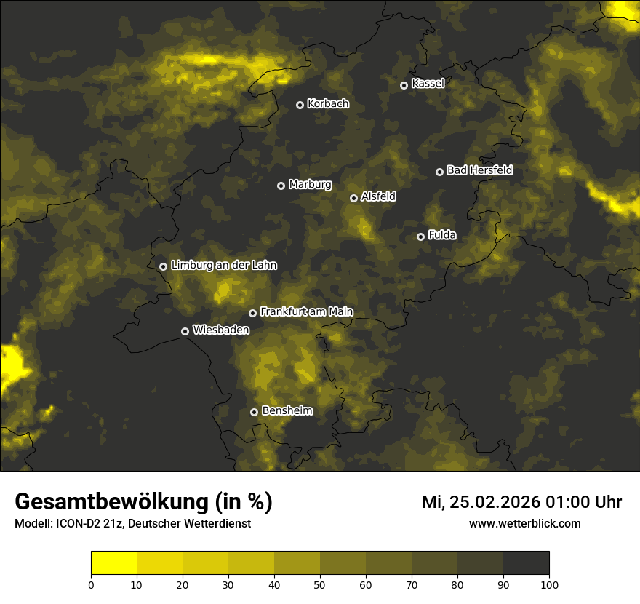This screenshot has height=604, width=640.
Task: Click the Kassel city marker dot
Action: click(x=404, y=85)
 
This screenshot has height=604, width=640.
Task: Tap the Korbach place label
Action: click(x=328, y=104)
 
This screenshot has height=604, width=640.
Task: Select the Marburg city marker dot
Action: click(x=281, y=186)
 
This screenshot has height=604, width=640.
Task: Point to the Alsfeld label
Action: click(x=378, y=196)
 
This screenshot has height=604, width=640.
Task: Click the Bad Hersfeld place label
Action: click(x=479, y=170)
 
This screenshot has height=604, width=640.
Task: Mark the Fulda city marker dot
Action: click(x=420, y=237)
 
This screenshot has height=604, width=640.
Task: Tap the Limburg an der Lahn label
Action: click(x=224, y=266)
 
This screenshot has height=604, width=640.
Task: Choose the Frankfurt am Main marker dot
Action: click(x=252, y=313)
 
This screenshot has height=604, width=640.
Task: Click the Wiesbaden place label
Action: click(x=221, y=330)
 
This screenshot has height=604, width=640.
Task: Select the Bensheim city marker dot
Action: click(x=254, y=412)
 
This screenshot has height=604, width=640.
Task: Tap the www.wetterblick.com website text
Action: click(x=525, y=524)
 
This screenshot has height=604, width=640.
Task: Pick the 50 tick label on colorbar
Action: click(x=320, y=584)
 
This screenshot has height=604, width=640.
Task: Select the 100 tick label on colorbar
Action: click(x=549, y=584)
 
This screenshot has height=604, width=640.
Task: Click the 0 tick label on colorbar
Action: click(x=91, y=584)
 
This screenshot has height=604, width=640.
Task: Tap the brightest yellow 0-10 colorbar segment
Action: click(x=113, y=563)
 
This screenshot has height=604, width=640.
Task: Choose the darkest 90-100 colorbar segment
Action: click(x=526, y=563)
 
